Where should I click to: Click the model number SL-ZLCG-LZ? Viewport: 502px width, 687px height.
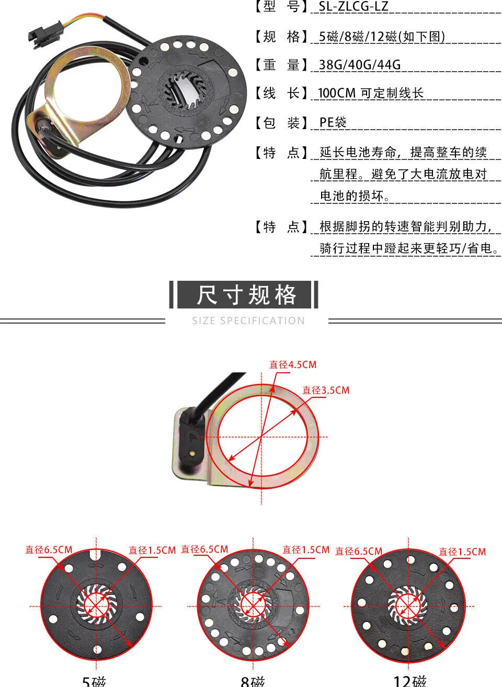pos(353,7)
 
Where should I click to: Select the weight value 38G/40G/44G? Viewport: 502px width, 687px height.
pos(360,65)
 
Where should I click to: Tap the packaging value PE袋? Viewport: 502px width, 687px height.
pos(333,122)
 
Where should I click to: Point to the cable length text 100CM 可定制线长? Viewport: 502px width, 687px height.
pos(370,94)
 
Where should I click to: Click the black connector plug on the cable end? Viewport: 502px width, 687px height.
pos(38,35)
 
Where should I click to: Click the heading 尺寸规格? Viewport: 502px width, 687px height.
pos(246,295)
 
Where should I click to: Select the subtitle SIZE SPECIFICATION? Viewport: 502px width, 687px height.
pos(248,320)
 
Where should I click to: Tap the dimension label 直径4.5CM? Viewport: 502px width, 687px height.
pos(293,364)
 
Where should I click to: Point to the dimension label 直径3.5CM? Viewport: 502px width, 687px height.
pos(326,390)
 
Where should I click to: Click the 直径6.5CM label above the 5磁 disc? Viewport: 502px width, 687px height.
pos(49,549)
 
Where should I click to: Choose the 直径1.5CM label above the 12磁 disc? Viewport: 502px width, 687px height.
pos(462,552)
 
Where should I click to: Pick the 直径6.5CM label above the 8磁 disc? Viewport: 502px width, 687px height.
pos(204,549)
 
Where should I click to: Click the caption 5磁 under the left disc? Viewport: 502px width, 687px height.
pos(94,681)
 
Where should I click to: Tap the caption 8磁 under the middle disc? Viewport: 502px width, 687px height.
pos(253,681)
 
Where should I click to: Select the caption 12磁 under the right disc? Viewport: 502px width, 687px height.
pos(409,681)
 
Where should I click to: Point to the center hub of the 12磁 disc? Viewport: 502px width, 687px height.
pos(407,606)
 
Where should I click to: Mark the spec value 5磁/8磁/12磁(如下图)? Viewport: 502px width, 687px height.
pos(382,37)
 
